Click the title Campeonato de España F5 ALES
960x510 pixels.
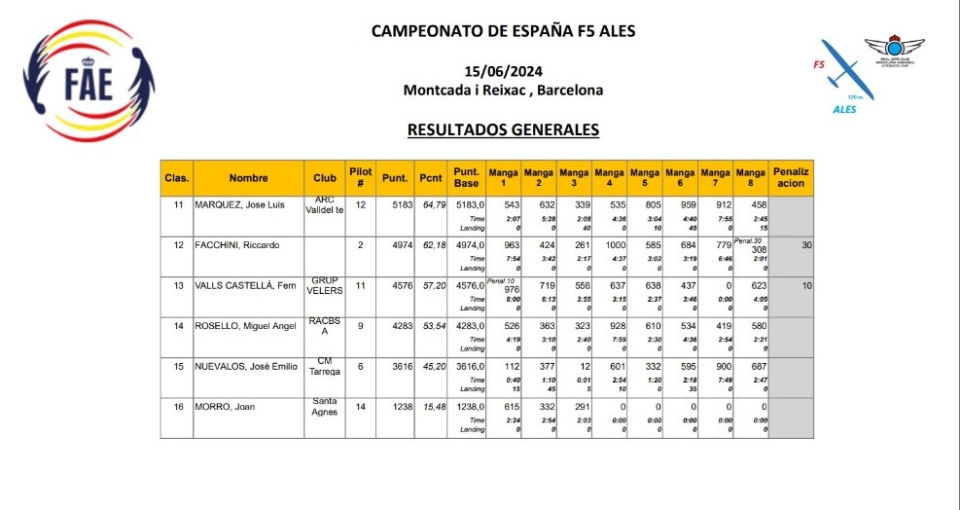503,30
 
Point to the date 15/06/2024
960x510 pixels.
503,71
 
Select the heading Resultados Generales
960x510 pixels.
503,128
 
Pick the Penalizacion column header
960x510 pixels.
791,177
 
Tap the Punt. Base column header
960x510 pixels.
466,177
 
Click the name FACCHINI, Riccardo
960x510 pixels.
237,245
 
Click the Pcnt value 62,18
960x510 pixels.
433,245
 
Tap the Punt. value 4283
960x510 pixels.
395,326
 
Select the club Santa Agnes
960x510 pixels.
325,407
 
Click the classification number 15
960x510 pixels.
178,366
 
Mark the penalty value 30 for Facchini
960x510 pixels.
805,245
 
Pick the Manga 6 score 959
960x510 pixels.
686,205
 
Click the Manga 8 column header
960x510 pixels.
750,177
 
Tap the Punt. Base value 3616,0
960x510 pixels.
468,366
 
